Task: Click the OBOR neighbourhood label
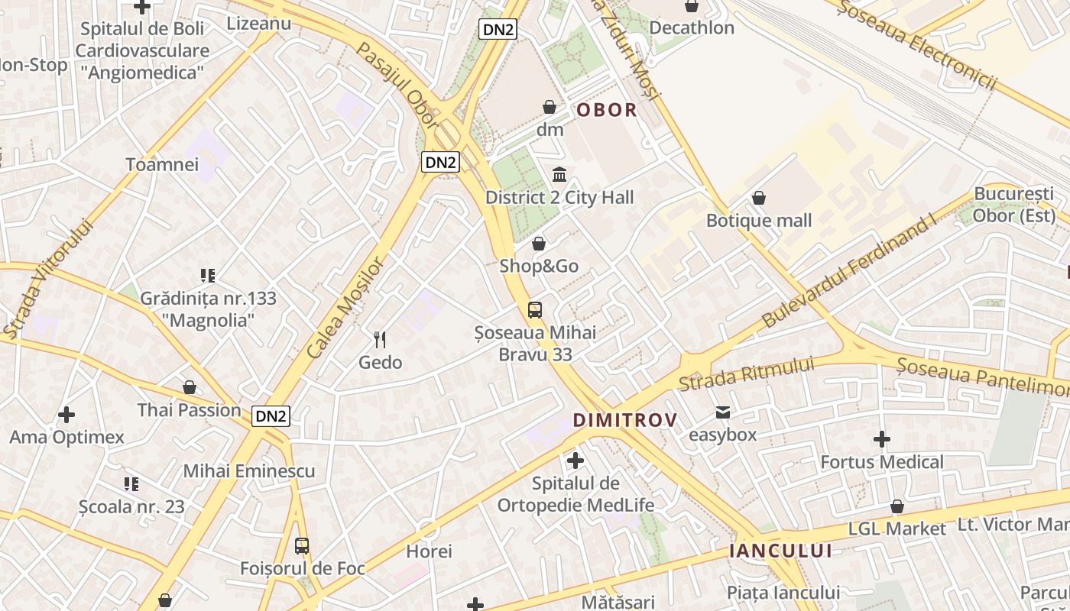pos(606,110)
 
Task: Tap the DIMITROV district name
pos(625,420)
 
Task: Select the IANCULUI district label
pos(780,551)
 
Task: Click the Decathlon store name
pos(692,28)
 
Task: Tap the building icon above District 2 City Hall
pos(559,175)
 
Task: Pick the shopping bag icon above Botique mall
pos(759,198)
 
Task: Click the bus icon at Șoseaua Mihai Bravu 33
pos(535,310)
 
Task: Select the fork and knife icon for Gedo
pos(380,339)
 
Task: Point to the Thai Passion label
pos(190,410)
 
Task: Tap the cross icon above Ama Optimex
pos(66,415)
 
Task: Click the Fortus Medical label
pos(882,462)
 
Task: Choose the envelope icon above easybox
pos(722,413)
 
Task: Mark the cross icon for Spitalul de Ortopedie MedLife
pos(576,461)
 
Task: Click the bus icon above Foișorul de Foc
pos(302,546)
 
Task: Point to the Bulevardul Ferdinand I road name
pos(849,273)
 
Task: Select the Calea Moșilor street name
pos(345,308)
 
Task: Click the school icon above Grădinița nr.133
pos(208,275)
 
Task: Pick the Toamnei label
pos(162,164)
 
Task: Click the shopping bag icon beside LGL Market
pos(897,506)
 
